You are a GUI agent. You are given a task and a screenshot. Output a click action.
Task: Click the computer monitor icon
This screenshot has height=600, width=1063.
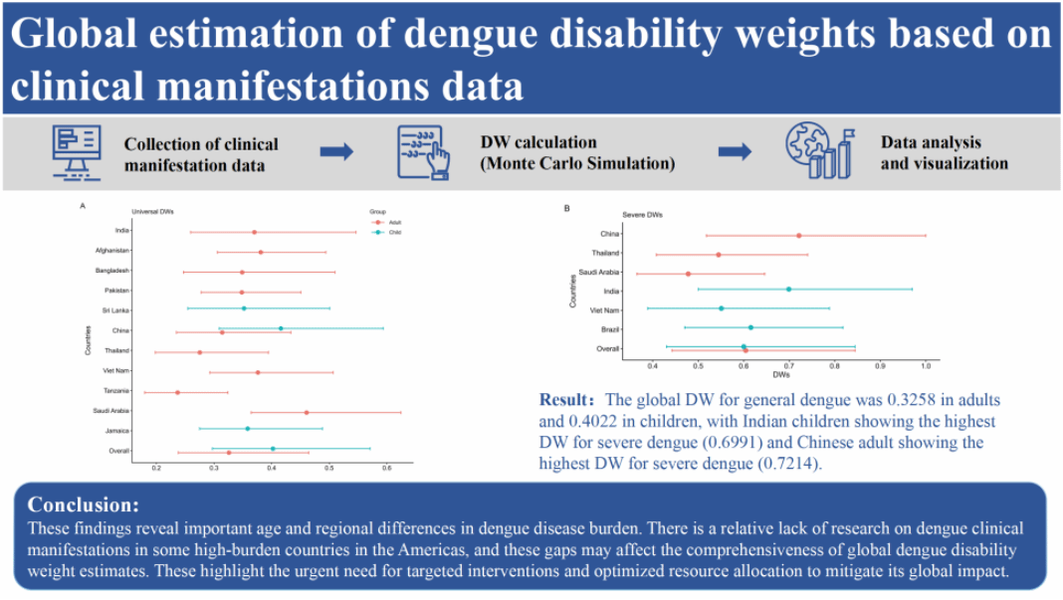coord(77,152)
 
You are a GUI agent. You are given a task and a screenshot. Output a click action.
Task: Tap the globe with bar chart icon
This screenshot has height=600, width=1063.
coord(818,150)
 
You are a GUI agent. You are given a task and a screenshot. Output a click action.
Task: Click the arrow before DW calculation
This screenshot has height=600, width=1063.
coord(336,152)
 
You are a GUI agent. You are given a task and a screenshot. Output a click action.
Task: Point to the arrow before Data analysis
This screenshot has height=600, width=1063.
coord(736,151)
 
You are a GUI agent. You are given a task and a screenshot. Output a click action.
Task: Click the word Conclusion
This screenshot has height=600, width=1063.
coord(84,503)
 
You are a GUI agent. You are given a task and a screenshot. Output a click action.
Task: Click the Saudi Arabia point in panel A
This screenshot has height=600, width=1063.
coord(307,412)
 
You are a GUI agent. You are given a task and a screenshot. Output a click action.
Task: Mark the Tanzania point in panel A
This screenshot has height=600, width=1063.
coord(178,392)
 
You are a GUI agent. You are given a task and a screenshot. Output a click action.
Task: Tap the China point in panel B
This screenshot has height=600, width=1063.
coord(798,235)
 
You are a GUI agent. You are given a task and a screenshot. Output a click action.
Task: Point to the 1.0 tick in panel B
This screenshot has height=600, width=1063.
coord(926,364)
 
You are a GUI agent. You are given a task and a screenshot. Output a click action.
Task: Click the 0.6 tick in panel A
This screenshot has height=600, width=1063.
coord(387,467)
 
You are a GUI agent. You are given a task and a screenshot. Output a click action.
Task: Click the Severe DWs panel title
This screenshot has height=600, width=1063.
coord(643,214)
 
